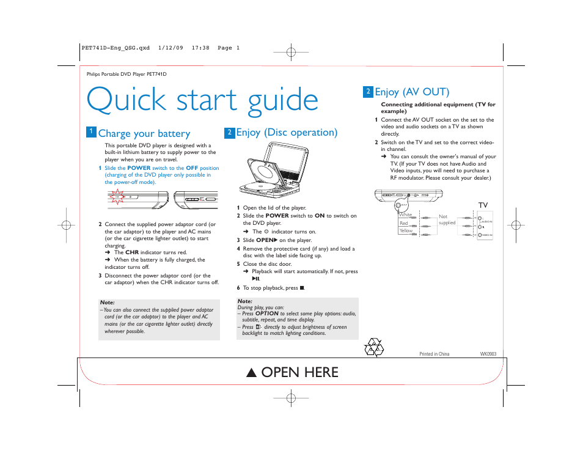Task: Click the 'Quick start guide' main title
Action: (x=202, y=100)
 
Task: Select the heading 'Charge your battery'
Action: (x=144, y=133)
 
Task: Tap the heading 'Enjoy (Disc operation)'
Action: (x=287, y=132)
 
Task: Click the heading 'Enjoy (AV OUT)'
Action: (x=412, y=92)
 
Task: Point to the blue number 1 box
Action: (x=90, y=132)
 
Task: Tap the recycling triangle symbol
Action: (x=373, y=348)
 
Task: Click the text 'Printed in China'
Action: (x=434, y=354)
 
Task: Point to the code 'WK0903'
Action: (x=488, y=354)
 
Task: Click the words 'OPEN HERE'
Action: (x=299, y=372)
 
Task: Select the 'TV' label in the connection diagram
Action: (x=483, y=206)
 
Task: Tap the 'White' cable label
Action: (x=405, y=215)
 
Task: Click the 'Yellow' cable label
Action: (x=406, y=231)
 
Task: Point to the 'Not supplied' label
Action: (x=447, y=219)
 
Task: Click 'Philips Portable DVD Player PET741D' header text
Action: (x=127, y=74)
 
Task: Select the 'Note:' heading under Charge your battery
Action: (x=107, y=302)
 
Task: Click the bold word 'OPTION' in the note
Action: (x=267, y=313)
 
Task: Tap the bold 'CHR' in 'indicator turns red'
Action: (x=132, y=252)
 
